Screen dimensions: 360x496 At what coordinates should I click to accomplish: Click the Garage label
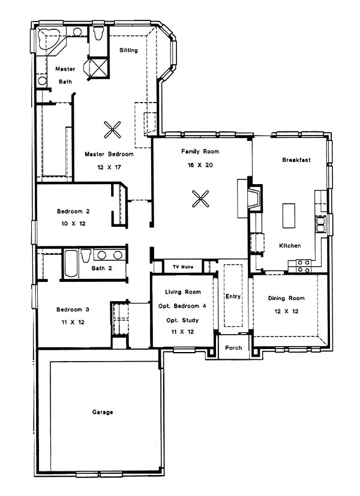point(102,412)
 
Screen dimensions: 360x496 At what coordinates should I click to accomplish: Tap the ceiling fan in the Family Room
point(200,199)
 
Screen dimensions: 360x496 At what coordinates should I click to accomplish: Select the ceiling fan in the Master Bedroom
point(112,130)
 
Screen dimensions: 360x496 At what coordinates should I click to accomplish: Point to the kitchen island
point(289,215)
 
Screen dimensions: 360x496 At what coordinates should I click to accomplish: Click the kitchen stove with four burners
point(304,266)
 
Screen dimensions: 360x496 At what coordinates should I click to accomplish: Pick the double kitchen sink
point(321,224)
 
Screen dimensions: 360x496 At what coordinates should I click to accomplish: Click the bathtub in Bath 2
point(71,263)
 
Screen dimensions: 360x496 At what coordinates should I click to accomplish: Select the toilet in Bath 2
point(86,255)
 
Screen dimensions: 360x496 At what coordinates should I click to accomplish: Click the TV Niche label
point(183,267)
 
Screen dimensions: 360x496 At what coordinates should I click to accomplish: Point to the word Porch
point(233,348)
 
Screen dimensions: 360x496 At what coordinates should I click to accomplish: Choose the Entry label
point(233,296)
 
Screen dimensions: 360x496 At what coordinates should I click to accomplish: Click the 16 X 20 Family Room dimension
point(200,165)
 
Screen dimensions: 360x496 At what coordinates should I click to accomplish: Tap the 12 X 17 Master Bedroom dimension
point(109,167)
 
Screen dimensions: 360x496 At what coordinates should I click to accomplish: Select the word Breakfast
point(296,160)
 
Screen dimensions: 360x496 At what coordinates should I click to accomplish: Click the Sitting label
point(128,50)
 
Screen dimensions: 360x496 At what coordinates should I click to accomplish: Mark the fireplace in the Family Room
point(254,199)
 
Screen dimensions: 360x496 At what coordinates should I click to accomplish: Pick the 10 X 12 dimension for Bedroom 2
point(73,223)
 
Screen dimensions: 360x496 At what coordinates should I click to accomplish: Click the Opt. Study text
point(182,320)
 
